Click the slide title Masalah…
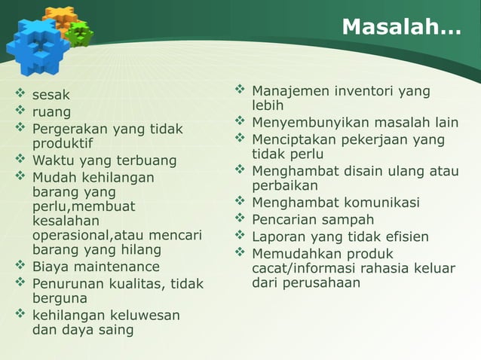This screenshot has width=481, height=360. tap(400, 27)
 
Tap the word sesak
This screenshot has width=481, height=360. tap(51, 96)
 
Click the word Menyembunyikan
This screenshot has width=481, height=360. tap(307, 123)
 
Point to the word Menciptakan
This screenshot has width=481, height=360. tap(293, 140)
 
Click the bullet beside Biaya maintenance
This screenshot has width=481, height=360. tap(20, 266)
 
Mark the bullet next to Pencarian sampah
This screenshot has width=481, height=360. tap(240, 219)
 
